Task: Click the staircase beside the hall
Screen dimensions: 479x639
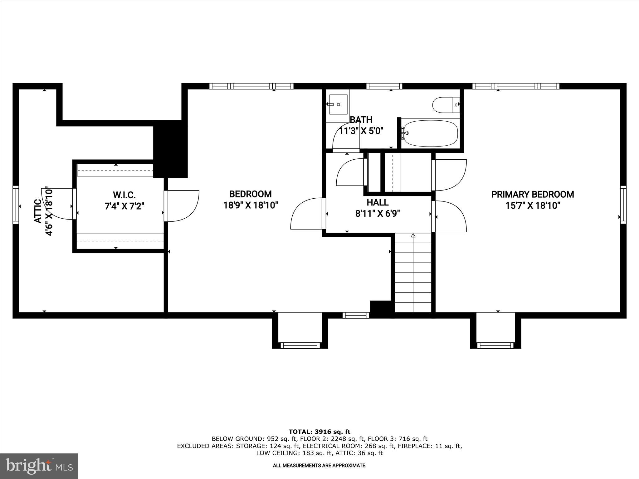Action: [x=413, y=273]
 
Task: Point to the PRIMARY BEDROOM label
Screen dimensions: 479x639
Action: [x=532, y=194]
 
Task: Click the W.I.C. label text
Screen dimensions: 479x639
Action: [x=124, y=195]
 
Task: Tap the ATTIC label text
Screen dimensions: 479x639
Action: [x=38, y=211]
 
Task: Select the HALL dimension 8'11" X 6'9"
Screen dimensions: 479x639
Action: [x=378, y=214]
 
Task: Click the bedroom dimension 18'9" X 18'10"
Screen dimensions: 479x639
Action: [x=251, y=206]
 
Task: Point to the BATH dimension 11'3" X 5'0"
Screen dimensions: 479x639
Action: [x=361, y=131]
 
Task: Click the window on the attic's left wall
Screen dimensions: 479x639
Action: [x=16, y=205]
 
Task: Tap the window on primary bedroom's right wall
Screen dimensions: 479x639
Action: [x=623, y=205]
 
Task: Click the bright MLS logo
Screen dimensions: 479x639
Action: [x=39, y=466]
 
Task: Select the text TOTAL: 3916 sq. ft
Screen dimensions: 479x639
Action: [x=319, y=432]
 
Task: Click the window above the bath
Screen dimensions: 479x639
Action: [x=384, y=86]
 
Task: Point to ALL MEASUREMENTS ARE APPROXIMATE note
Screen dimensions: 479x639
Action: [x=319, y=466]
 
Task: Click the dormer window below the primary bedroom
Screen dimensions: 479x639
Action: [x=495, y=345]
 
